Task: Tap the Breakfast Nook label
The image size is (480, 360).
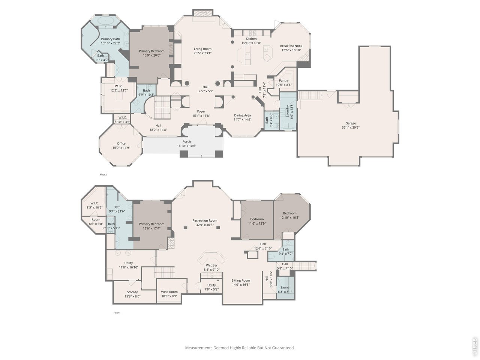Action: click(291, 46)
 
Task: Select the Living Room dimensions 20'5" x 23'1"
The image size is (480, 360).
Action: click(202, 53)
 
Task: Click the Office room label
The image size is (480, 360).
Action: click(121, 143)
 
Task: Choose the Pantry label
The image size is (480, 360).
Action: click(283, 81)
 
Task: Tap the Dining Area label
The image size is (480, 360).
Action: click(242, 115)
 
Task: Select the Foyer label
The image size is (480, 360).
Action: click(201, 111)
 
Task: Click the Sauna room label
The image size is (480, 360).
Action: click(285, 287)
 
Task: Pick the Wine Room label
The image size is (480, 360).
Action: click(169, 292)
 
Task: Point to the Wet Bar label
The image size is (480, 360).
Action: click(211, 265)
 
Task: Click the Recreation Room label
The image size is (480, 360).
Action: click(205, 220)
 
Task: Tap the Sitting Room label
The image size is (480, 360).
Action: click(240, 280)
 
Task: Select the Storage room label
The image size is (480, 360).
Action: click(132, 292)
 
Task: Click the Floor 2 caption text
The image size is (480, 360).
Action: click(103, 174)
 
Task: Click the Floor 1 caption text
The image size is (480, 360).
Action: click(117, 312)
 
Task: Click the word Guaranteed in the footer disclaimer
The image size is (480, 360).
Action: click(282, 348)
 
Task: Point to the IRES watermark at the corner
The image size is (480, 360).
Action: click(475, 347)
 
